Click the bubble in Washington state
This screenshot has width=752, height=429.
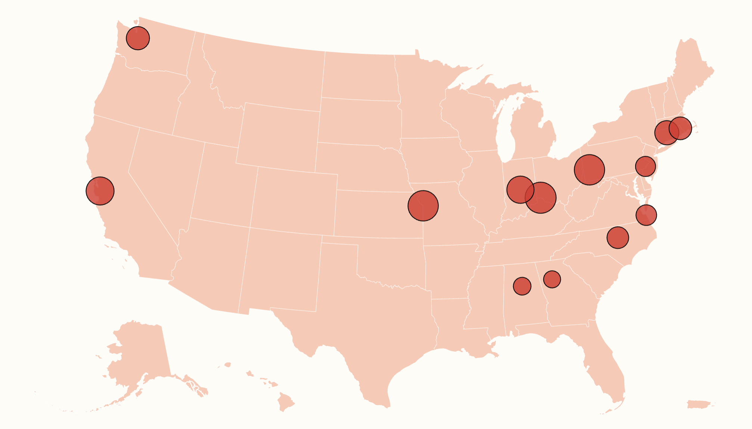pos(138,38)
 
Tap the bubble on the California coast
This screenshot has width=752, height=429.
pos(100,191)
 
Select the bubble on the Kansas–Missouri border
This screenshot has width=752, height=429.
pos(423,206)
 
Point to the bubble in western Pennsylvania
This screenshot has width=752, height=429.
pos(589,170)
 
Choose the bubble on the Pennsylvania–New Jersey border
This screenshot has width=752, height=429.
pos(645,166)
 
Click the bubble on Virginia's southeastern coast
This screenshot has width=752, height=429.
pos(646,215)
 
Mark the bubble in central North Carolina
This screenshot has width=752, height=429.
pos(618,237)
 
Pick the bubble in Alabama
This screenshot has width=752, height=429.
pos(522,286)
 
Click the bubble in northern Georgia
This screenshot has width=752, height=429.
pos(552,279)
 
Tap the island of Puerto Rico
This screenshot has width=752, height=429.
pos(699,404)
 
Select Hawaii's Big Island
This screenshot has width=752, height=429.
pos(286,402)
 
